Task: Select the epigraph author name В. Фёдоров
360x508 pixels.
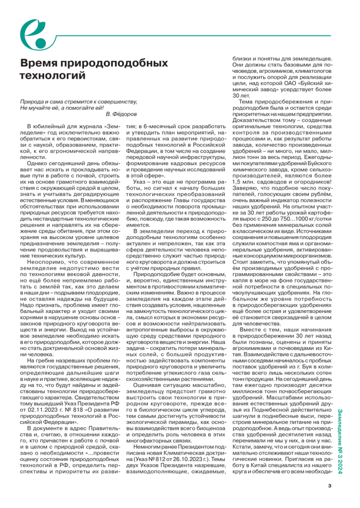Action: [122, 114]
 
